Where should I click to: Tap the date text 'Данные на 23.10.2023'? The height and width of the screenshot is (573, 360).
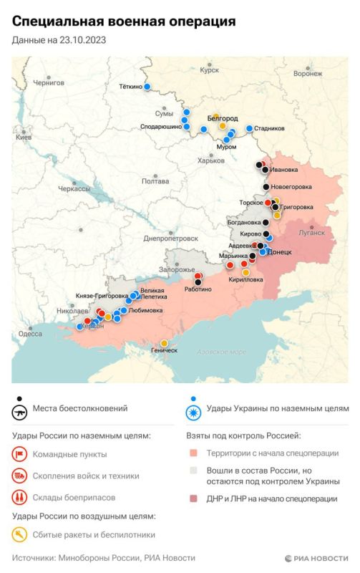tap(59, 41)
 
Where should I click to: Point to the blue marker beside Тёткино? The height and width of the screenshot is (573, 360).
tap(147, 87)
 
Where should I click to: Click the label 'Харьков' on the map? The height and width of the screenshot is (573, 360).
tap(210, 160)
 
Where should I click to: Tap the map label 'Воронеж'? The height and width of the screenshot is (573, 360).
tap(307, 73)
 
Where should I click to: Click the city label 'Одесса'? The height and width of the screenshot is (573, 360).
tap(30, 334)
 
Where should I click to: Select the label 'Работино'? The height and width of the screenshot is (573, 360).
tap(197, 289)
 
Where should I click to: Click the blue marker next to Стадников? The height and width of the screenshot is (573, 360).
tap(250, 128)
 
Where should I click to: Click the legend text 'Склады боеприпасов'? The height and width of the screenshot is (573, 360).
tap(79, 497)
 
